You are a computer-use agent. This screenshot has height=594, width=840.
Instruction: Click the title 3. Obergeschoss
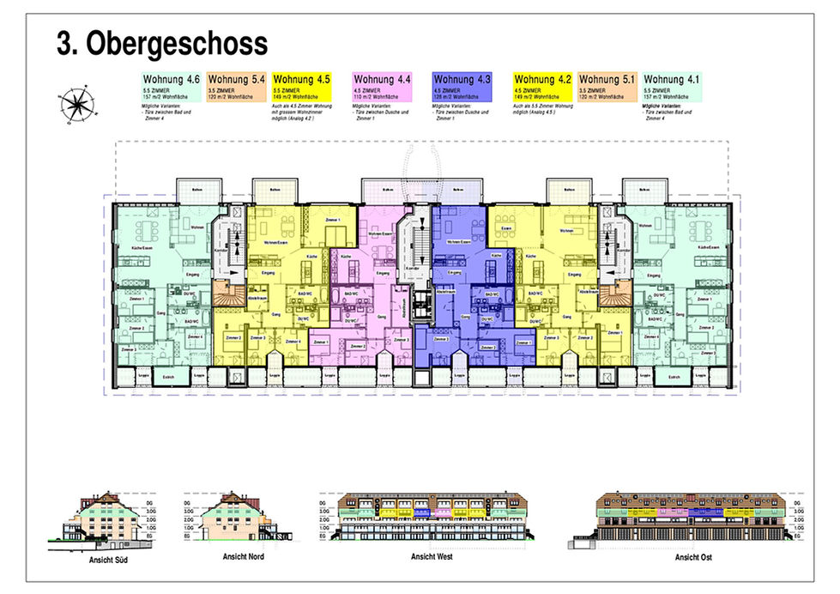(162, 44)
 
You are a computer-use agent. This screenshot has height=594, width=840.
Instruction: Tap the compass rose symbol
(76, 106)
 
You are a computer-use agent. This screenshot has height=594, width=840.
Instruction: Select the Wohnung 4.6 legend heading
(171, 80)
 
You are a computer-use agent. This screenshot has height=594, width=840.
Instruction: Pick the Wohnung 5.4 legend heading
(236, 80)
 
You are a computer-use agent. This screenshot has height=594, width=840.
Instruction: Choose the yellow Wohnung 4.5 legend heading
(302, 80)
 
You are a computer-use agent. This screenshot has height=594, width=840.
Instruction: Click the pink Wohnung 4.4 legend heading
(382, 80)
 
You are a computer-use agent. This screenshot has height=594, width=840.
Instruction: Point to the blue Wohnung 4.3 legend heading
(462, 80)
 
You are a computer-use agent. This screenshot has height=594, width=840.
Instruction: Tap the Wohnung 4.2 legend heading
(541, 80)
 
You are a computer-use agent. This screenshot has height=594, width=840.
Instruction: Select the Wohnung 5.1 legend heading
(607, 80)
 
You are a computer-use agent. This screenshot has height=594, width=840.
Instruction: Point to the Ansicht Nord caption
(244, 557)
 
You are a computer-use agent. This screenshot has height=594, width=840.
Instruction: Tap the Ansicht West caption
(432, 557)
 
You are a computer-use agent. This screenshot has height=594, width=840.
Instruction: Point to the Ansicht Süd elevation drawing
(110, 524)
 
